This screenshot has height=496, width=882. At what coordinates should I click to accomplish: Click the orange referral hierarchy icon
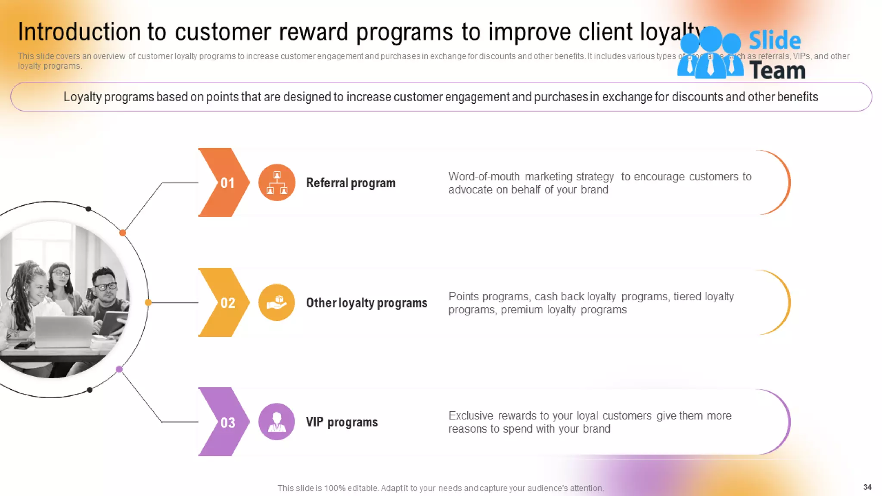(276, 183)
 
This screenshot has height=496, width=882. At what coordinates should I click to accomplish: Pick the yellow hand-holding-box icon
(276, 302)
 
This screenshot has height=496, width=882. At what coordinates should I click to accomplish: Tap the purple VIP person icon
(276, 422)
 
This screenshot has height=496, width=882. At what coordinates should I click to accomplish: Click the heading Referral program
(351, 183)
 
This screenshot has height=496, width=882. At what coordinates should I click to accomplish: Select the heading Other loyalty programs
(366, 303)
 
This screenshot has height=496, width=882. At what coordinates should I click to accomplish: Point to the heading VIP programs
(342, 422)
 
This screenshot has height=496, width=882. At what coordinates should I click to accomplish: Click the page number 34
(867, 487)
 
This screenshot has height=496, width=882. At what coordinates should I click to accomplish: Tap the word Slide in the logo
(774, 41)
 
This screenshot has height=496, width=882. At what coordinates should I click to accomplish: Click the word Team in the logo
(777, 71)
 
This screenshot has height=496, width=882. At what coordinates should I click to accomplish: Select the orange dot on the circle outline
(123, 233)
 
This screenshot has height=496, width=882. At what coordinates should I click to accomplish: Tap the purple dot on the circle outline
(119, 369)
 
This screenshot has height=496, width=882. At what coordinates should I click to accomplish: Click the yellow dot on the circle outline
(148, 302)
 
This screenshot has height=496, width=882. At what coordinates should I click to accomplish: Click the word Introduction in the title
(79, 32)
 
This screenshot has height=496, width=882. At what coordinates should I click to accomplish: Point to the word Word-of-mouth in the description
(484, 177)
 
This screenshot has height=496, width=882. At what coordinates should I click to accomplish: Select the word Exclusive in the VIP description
(471, 415)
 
